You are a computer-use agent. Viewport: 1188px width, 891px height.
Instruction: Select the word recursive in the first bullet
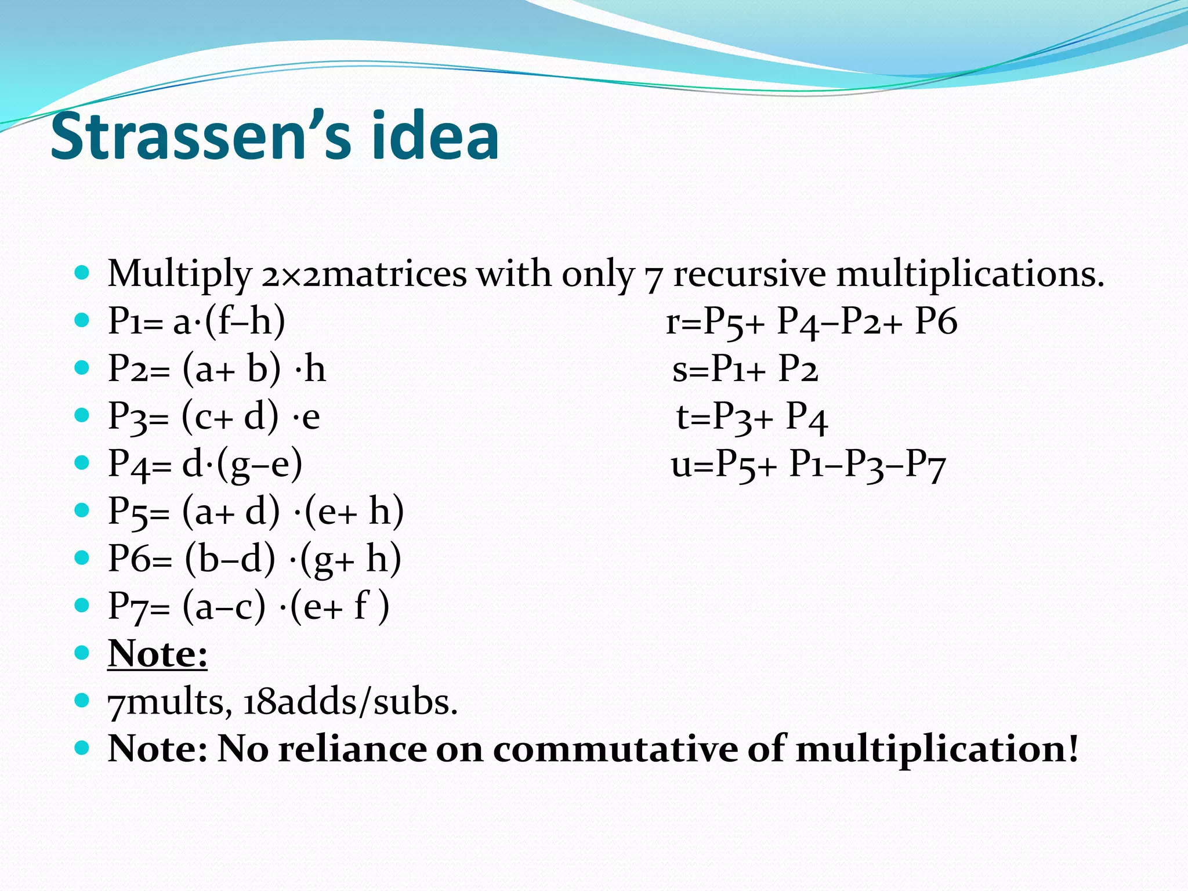coord(749,274)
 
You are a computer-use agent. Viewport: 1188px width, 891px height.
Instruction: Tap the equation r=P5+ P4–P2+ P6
coord(811,321)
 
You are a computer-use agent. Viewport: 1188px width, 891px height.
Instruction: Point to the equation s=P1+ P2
coord(745,369)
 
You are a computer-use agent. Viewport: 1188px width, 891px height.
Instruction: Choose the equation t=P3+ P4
coord(752,416)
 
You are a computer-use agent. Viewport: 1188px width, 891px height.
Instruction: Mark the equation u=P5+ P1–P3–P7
coord(808,465)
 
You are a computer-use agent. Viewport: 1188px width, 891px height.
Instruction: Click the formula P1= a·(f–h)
coord(197,321)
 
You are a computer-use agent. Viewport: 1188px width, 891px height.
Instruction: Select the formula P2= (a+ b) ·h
coord(217,369)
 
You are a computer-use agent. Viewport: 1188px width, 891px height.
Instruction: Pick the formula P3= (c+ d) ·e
coord(214,416)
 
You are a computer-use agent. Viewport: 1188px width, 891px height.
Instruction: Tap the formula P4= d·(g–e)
coord(205,464)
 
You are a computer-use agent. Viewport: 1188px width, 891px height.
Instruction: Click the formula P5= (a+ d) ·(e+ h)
coord(256,512)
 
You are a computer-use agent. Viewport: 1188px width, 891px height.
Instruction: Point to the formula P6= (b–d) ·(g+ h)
coord(255,559)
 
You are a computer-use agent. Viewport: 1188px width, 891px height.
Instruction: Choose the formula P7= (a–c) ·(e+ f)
coord(248,607)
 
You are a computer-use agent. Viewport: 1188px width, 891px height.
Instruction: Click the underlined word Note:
coord(157,654)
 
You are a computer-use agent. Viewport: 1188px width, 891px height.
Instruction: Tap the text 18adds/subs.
coord(350,702)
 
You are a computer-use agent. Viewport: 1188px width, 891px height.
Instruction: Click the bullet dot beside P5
coord(82,510)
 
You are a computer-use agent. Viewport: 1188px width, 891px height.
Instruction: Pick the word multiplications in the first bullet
coord(969,274)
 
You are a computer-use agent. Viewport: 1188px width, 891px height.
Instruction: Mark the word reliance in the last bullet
coord(352,749)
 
